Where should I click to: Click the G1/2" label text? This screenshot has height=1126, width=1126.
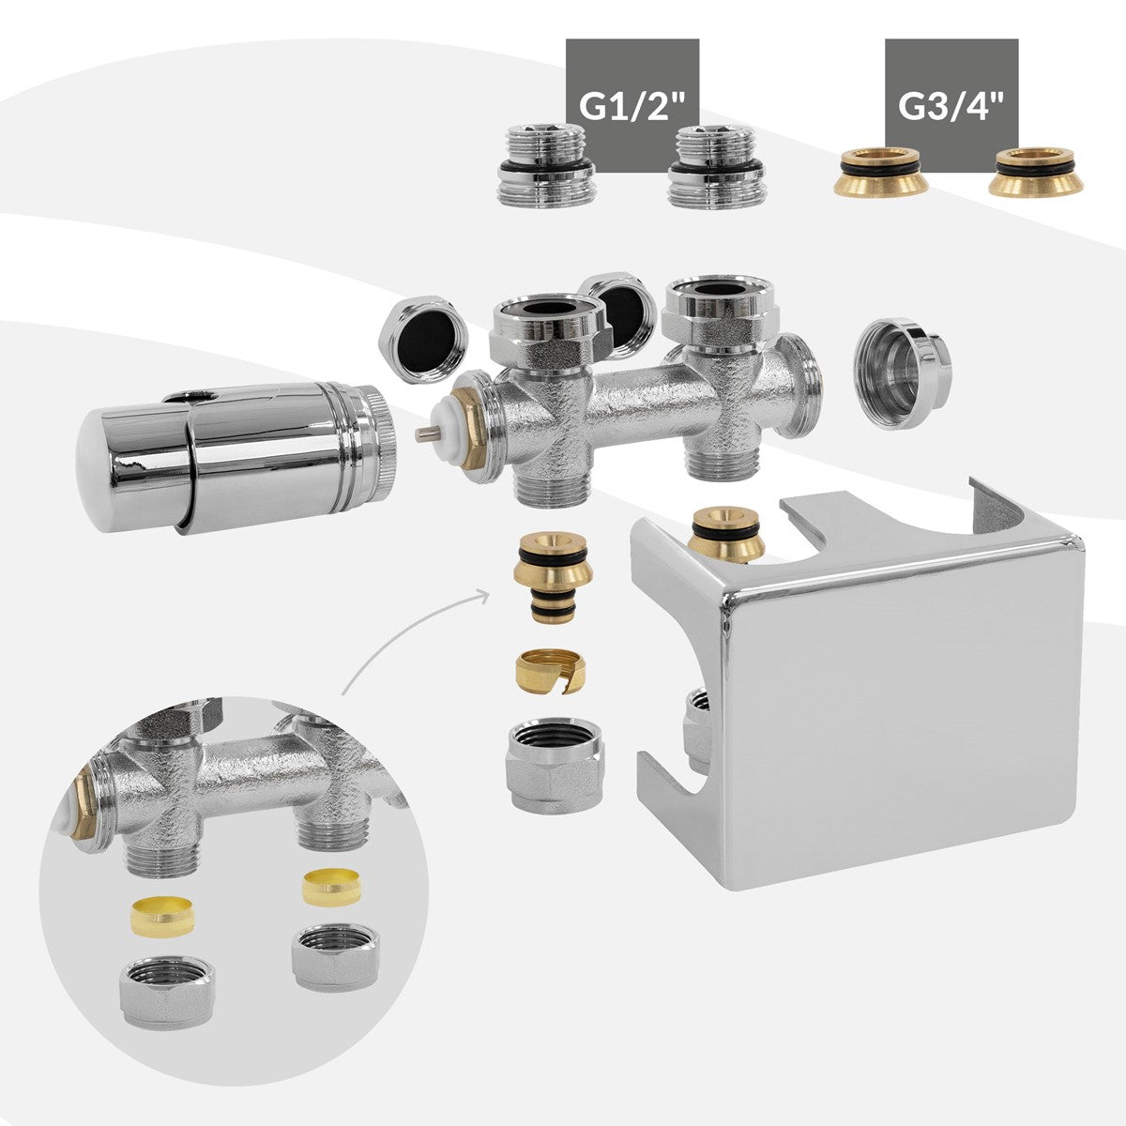click(x=631, y=106)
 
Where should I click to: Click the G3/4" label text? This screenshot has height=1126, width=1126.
click(x=951, y=106)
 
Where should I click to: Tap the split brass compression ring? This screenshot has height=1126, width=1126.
click(x=551, y=672)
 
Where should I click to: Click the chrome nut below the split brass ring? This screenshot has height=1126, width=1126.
click(x=555, y=765)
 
